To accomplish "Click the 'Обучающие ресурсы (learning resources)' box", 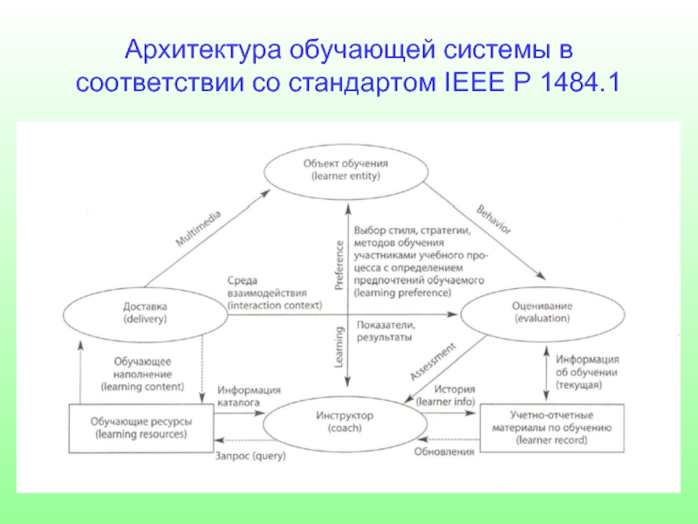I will (x=141, y=427).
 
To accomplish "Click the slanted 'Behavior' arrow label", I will (x=493, y=219).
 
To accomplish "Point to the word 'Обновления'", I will (x=445, y=452).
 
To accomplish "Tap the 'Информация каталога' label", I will (x=250, y=396).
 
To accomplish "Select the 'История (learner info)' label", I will (x=445, y=396).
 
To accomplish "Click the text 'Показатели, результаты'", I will (x=385, y=330).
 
